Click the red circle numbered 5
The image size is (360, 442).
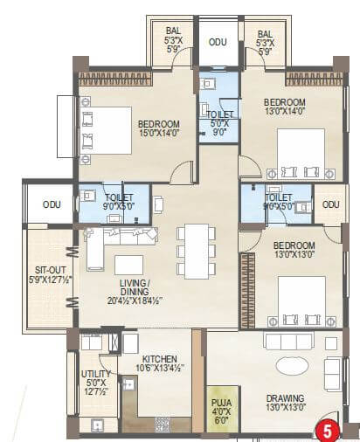[327, 429]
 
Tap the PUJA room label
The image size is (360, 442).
[219, 404]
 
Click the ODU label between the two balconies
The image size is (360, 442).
[217, 41]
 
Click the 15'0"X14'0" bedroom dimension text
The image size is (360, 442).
[159, 134]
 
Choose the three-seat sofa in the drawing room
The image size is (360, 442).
[288, 342]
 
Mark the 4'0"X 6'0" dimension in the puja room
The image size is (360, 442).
[219, 416]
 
